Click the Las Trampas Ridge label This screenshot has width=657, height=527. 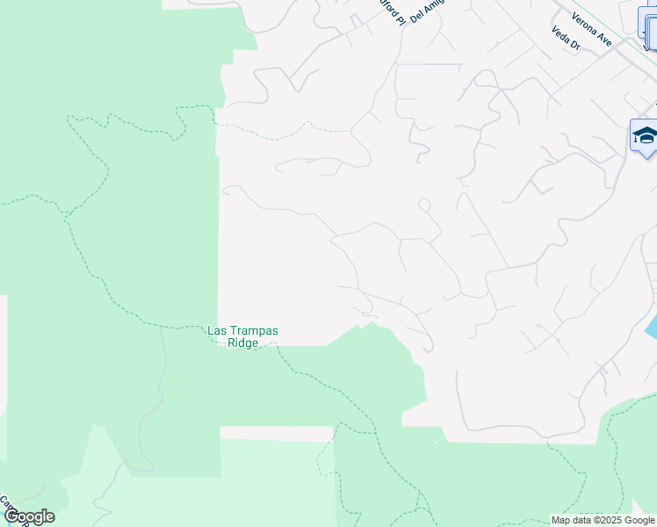[242, 336]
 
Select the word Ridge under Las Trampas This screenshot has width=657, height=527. [242, 343]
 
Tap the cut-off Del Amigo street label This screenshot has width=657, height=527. [428, 12]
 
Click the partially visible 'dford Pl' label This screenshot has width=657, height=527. [391, 11]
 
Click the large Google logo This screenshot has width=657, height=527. [29, 516]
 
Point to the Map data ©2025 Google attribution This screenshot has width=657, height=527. [603, 520]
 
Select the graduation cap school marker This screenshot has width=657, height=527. [644, 135]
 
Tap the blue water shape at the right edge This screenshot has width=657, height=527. [651, 326]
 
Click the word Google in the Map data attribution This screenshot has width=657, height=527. [640, 520]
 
